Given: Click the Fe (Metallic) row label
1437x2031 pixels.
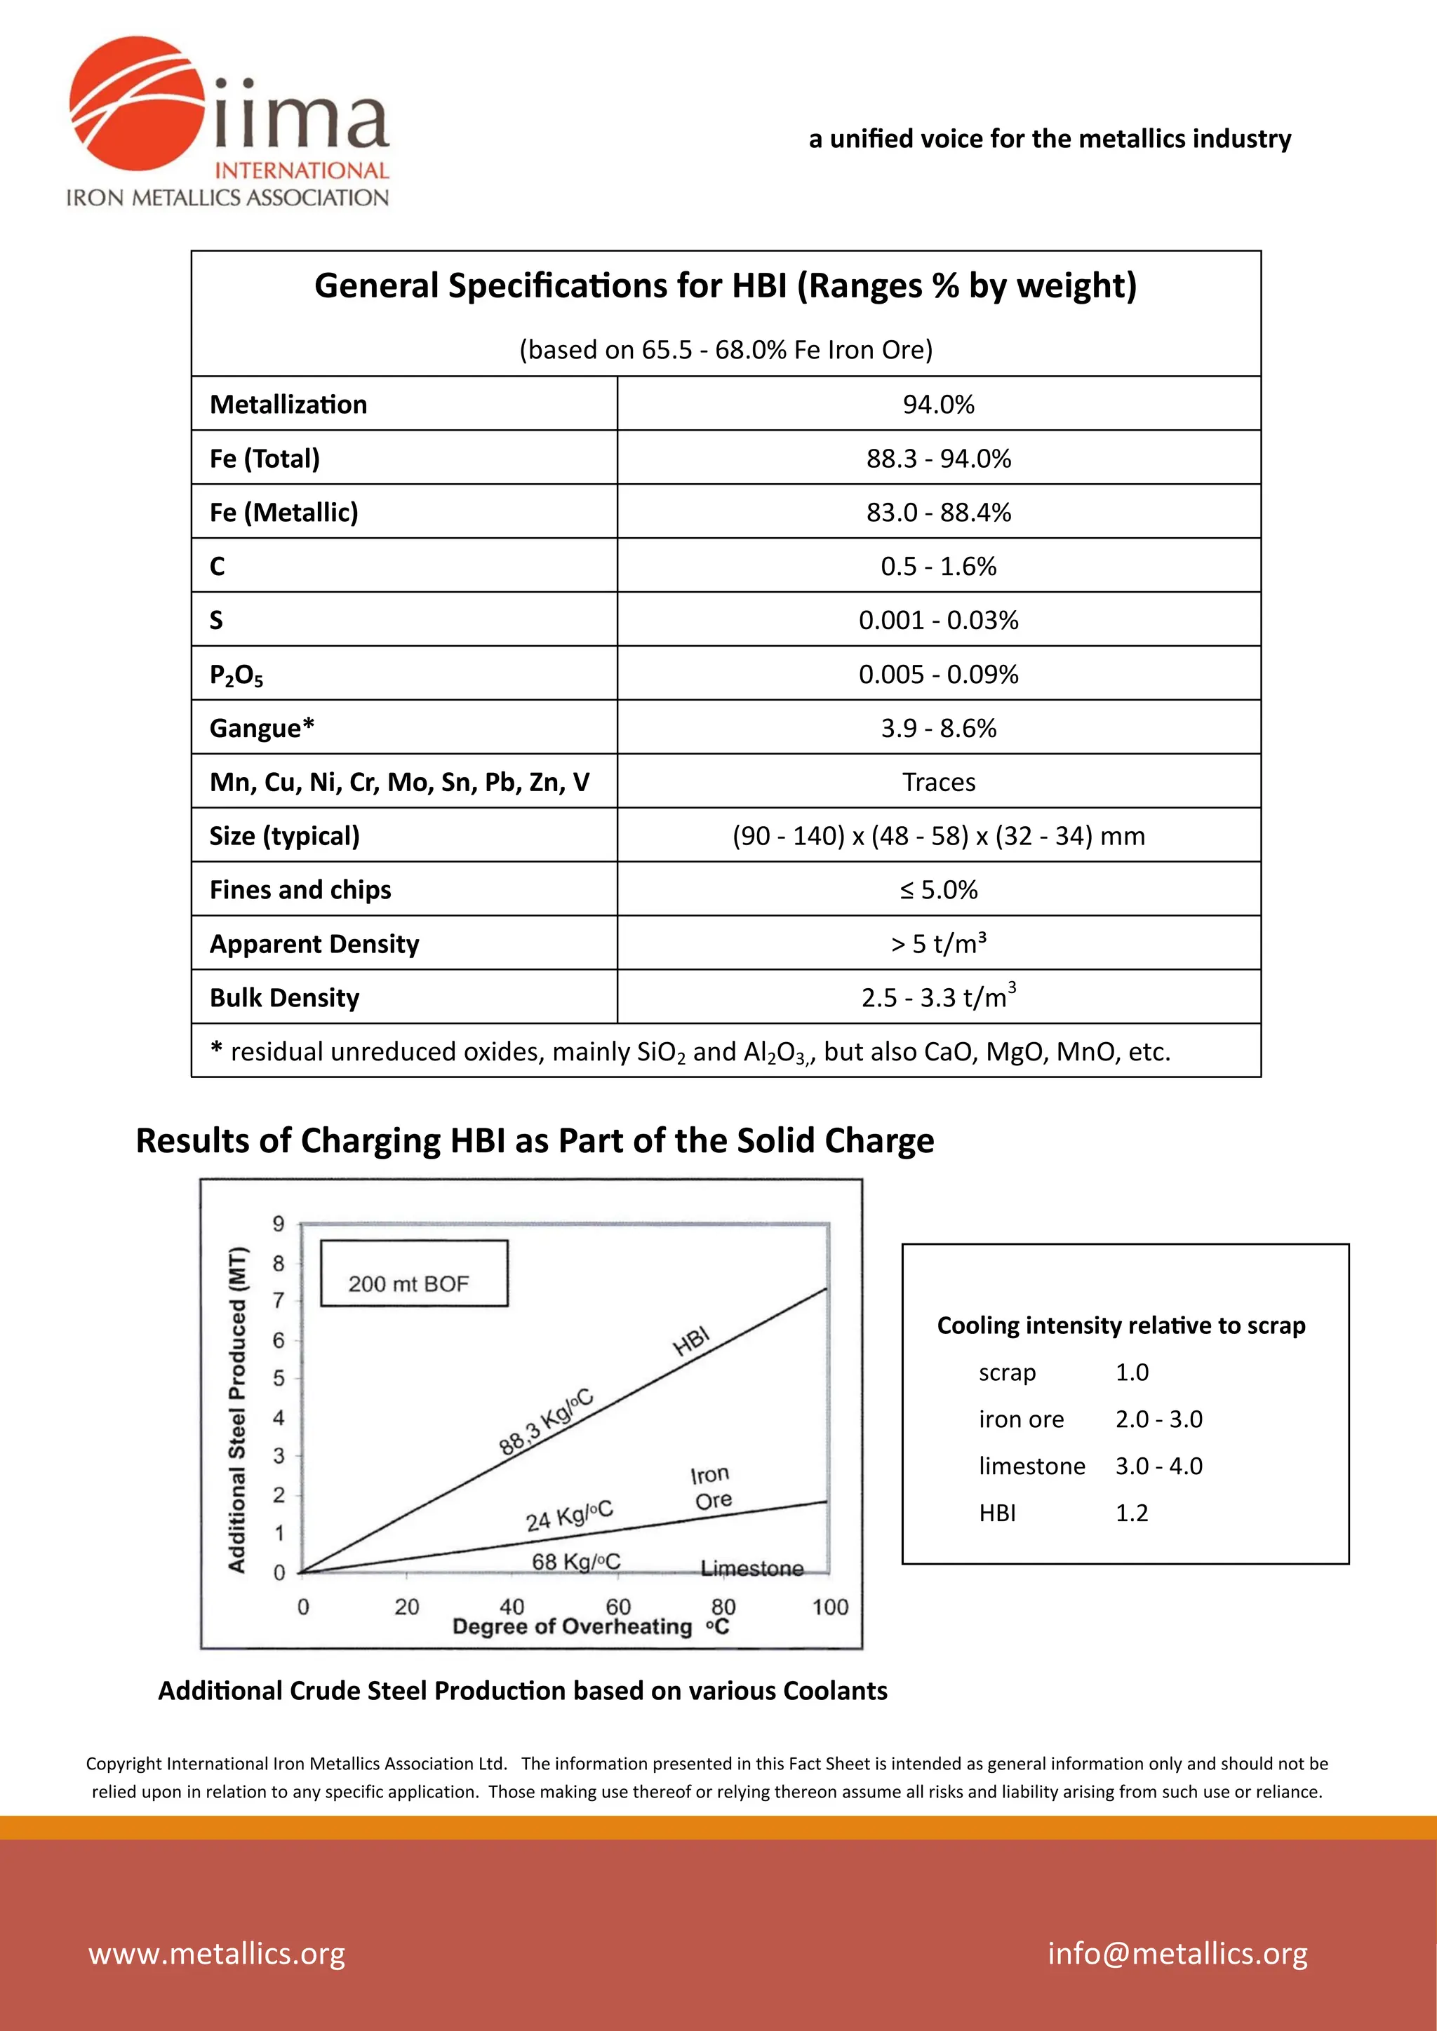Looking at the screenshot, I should tap(284, 512).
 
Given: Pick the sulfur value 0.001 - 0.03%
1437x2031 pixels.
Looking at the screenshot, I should tap(938, 620).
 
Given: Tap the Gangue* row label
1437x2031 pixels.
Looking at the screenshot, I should tap(262, 728).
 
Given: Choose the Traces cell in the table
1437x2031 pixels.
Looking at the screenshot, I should tap(938, 782).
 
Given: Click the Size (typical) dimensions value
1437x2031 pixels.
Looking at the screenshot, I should tap(938, 836).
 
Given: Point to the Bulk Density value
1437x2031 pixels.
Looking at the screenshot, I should tap(938, 997).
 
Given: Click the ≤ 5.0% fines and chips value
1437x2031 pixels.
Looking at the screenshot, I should tap(938, 890).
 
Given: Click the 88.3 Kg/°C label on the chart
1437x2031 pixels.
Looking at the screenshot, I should tap(545, 1422).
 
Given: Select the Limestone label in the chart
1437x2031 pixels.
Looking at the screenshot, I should tap(752, 1568).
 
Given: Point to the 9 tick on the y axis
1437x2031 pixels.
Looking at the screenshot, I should tap(279, 1224).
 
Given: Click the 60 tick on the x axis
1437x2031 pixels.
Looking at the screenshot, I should tap(617, 1607).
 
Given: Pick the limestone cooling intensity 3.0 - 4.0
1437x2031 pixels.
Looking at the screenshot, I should tap(1158, 1466).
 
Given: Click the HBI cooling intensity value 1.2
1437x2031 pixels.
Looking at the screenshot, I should tap(1131, 1513).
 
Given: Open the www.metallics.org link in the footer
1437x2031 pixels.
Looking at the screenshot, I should tap(217, 1953).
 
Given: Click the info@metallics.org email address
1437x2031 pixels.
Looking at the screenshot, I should tap(1177, 1953).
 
